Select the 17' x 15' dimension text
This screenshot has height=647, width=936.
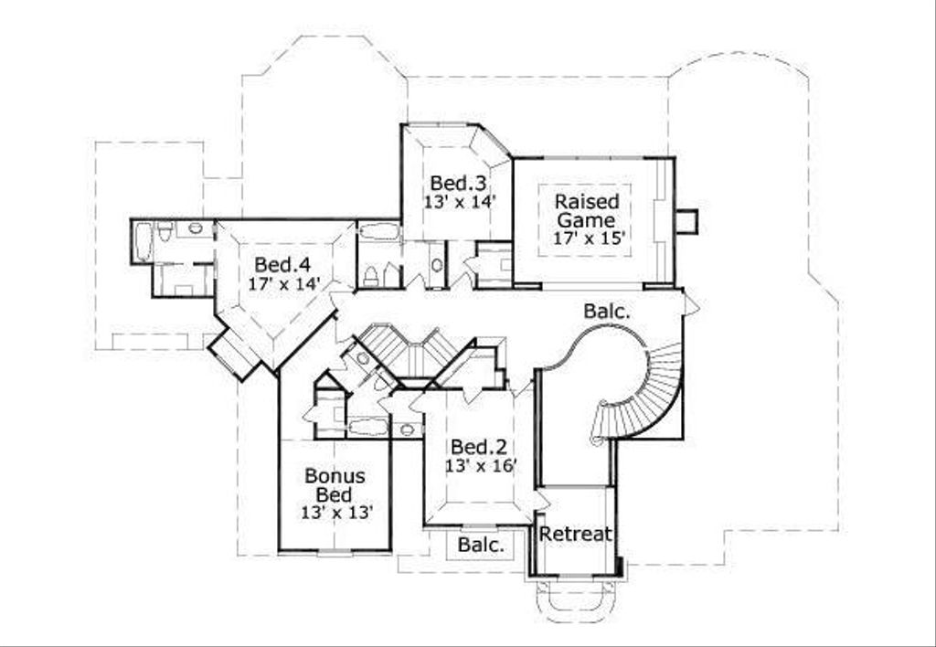588,239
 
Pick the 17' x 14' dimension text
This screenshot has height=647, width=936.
283,283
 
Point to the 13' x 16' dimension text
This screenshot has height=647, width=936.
481,466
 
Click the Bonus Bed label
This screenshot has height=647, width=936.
335,484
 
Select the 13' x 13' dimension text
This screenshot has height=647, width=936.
336,513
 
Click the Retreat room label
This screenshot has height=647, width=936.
575,534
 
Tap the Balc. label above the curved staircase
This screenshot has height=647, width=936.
607,311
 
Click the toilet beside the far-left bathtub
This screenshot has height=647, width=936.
165,231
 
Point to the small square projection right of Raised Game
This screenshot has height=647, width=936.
686,221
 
